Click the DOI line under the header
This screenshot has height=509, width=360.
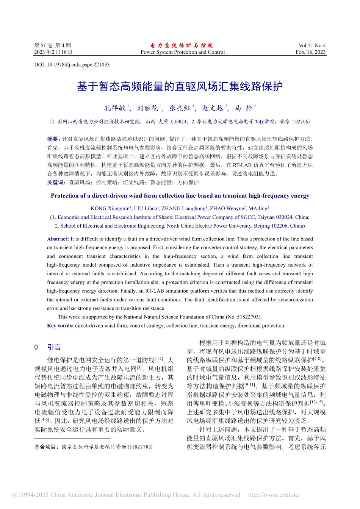point(72,65)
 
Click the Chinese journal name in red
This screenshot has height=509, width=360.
point(182,45)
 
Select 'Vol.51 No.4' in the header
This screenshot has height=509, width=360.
point(312,45)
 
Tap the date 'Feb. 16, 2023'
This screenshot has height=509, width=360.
point(310,52)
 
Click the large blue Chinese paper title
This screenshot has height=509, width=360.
point(180,87)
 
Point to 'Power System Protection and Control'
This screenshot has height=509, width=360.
point(182,52)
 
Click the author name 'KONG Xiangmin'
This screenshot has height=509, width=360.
point(110,209)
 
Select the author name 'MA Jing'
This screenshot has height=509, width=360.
point(258,209)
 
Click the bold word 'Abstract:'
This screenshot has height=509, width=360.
point(58,239)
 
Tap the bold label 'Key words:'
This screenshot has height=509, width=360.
point(60,326)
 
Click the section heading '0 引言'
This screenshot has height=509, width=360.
point(48,347)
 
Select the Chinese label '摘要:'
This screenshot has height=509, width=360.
point(53,139)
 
